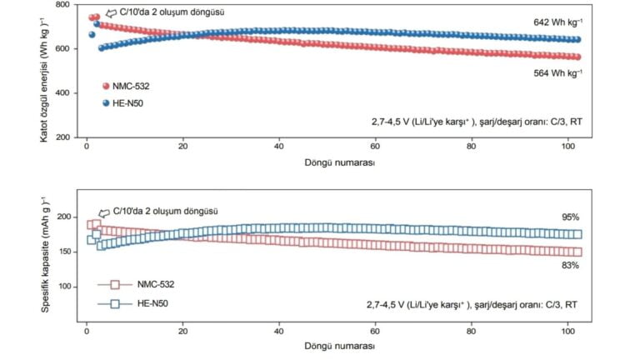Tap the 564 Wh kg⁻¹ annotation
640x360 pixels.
557,73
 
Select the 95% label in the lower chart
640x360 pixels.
570,216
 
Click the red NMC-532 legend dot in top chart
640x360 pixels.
106,86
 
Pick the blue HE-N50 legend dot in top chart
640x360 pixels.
106,103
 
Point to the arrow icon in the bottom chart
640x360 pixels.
104,213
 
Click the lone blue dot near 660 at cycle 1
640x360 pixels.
92,34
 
